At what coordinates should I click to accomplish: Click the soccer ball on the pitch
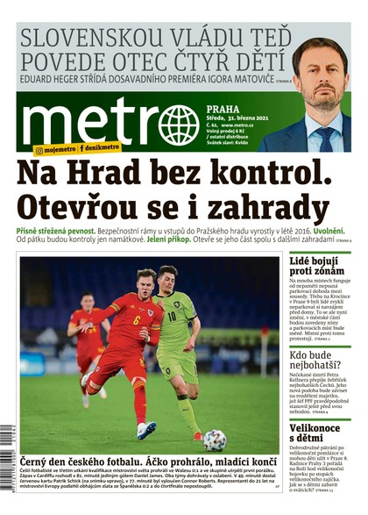214,440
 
